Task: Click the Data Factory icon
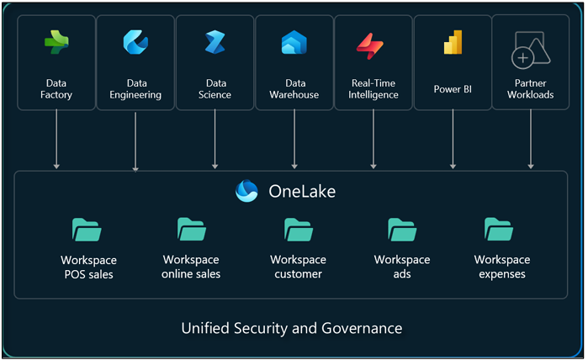coord(56,42)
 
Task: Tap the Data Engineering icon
coord(135,41)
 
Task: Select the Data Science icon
coord(215,41)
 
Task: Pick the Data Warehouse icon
coord(294,42)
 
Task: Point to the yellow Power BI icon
coord(453,43)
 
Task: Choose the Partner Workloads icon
coord(530,50)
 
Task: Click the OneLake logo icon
coord(247,192)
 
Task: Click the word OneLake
coord(302,192)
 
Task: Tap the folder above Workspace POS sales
coord(87,230)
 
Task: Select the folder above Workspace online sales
coord(191,230)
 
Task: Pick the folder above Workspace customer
coord(298,230)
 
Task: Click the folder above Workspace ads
coord(402,230)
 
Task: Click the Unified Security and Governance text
coord(292,328)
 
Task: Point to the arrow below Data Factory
coord(56,139)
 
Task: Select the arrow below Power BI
coord(453,139)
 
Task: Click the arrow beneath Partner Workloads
coord(530,139)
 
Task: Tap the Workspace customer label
coord(298,267)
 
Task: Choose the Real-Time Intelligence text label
coord(373,89)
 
